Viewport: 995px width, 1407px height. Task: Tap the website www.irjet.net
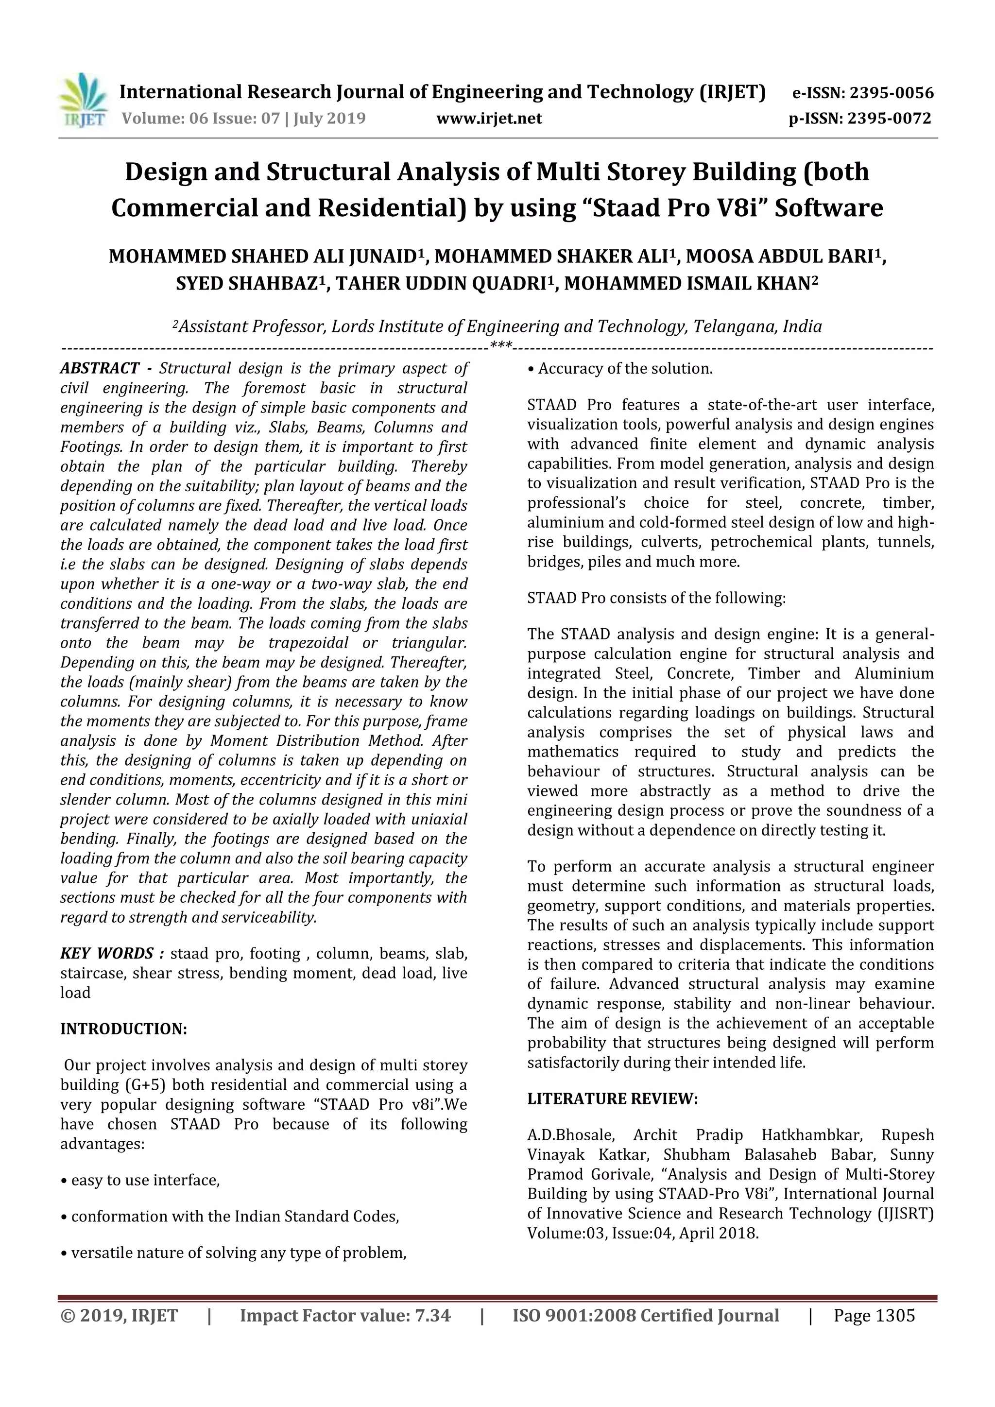point(489,118)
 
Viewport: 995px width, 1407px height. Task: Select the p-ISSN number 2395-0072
point(889,118)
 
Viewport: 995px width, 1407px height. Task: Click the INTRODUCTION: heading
point(123,1029)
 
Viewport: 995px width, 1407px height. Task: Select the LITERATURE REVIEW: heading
point(612,1099)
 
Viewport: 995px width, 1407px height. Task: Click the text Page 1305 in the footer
point(874,1316)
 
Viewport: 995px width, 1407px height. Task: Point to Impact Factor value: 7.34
point(345,1316)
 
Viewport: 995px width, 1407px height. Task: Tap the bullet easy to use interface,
point(140,1180)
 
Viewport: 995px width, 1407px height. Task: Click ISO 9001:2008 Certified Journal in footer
point(645,1316)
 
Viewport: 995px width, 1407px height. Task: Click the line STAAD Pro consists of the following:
point(655,598)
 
